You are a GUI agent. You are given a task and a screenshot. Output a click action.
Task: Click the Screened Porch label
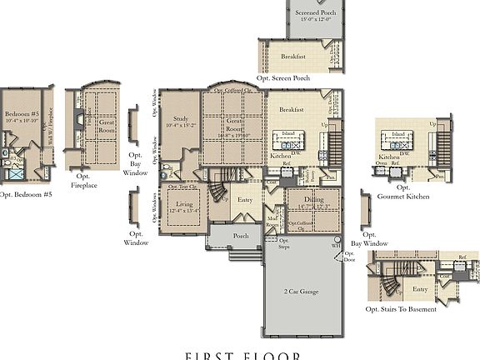(x=317, y=12)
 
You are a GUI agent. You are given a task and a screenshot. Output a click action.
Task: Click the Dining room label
(x=312, y=200)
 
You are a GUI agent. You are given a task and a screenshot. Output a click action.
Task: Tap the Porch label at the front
(x=241, y=236)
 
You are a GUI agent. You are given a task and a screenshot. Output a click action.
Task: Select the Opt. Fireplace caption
(x=84, y=181)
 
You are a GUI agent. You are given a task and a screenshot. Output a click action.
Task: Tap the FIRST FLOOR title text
(x=242, y=355)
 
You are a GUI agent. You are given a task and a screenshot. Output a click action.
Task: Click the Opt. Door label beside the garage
(x=347, y=255)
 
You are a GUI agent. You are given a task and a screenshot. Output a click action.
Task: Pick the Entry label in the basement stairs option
(x=419, y=288)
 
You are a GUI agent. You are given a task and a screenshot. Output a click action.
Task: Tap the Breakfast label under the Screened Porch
(x=292, y=57)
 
